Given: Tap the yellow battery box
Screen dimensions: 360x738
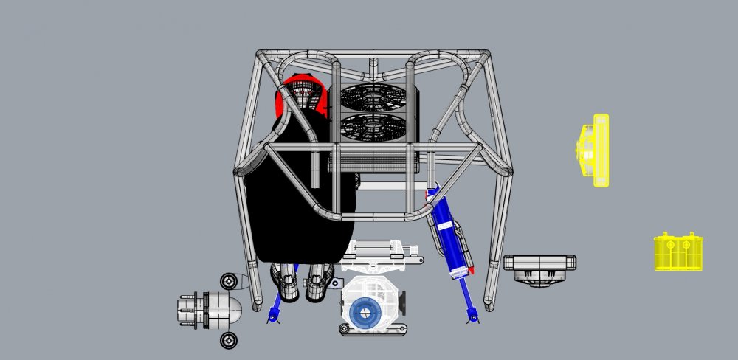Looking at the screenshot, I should pos(678,252).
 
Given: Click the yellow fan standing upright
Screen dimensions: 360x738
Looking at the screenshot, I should pos(594,150).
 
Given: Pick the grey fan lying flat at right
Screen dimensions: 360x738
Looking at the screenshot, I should pos(539,266).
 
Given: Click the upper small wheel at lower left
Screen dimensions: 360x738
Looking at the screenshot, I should pos(230,281).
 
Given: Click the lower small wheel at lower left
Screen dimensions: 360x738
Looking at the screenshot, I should pos(230,339).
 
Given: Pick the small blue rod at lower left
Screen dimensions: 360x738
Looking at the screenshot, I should pos(275,306).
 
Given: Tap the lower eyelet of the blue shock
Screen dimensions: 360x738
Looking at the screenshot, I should pos(473,318).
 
